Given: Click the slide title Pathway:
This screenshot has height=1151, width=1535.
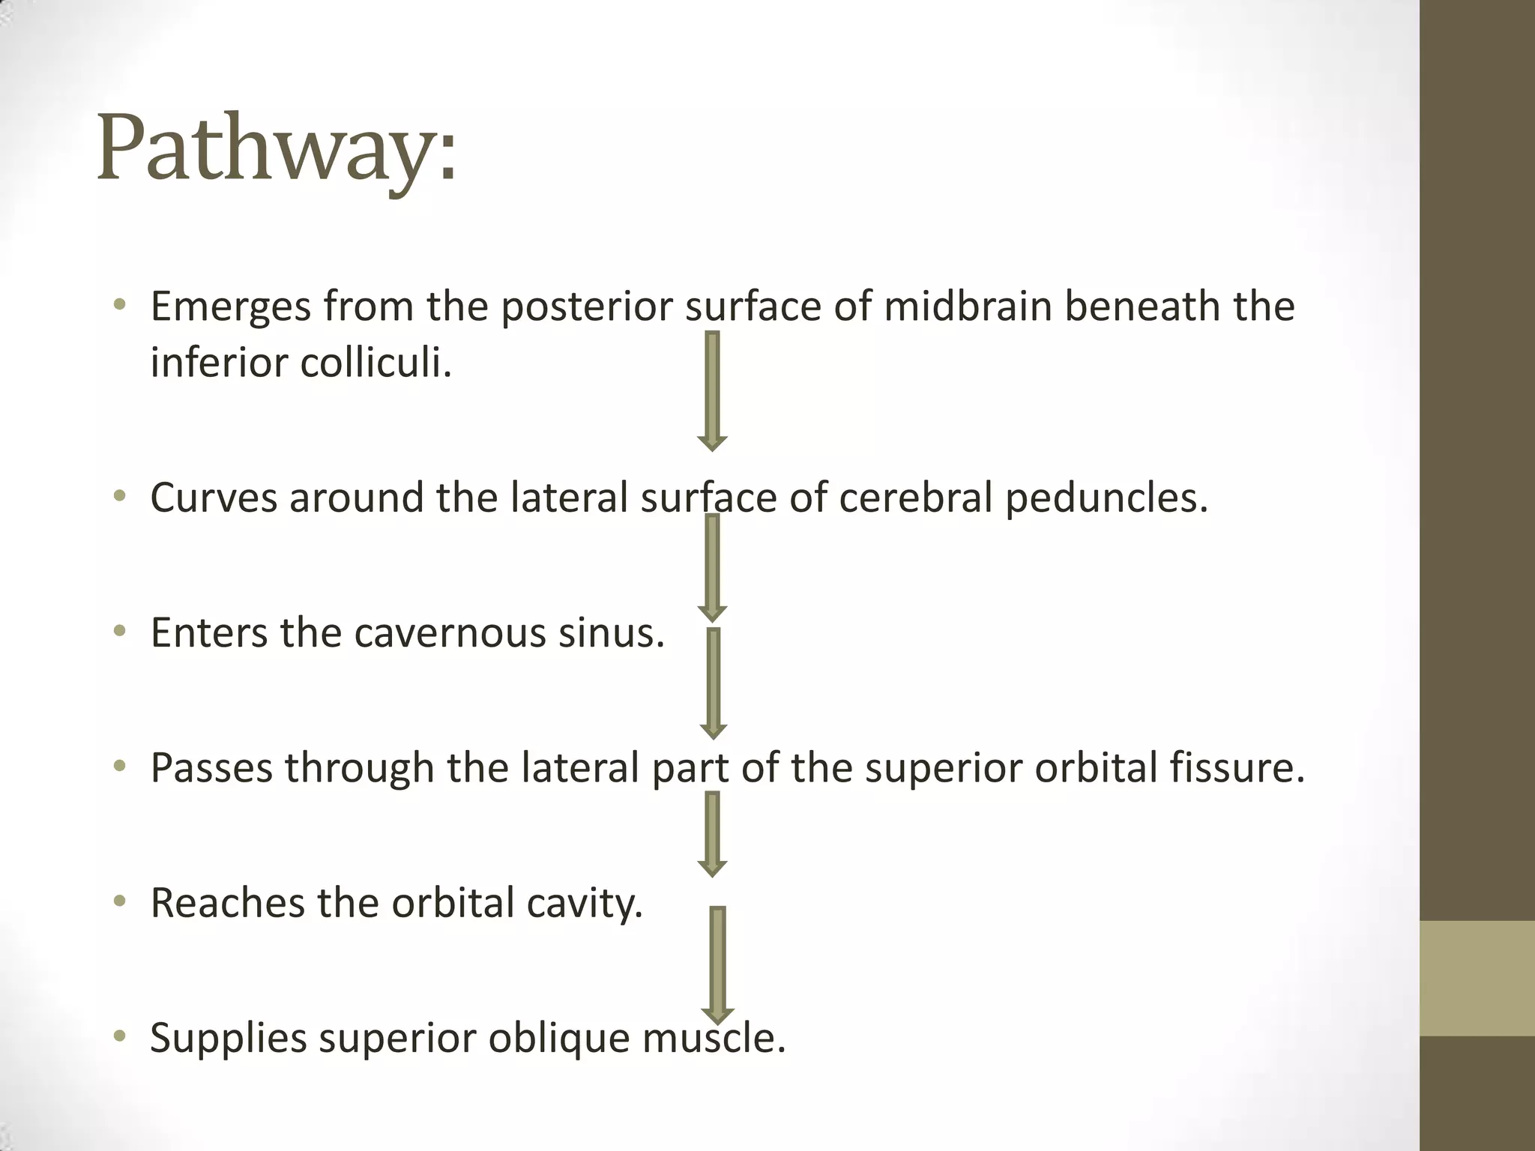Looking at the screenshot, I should pos(276,148).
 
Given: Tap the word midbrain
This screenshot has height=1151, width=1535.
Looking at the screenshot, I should pos(968,307).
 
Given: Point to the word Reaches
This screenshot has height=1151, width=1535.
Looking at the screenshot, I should pos(226,903).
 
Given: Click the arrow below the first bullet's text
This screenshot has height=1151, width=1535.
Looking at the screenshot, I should pos(713,390).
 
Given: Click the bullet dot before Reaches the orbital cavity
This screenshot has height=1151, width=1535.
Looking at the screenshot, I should pos(119,902).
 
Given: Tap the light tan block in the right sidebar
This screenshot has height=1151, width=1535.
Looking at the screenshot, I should pos(1477,978).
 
